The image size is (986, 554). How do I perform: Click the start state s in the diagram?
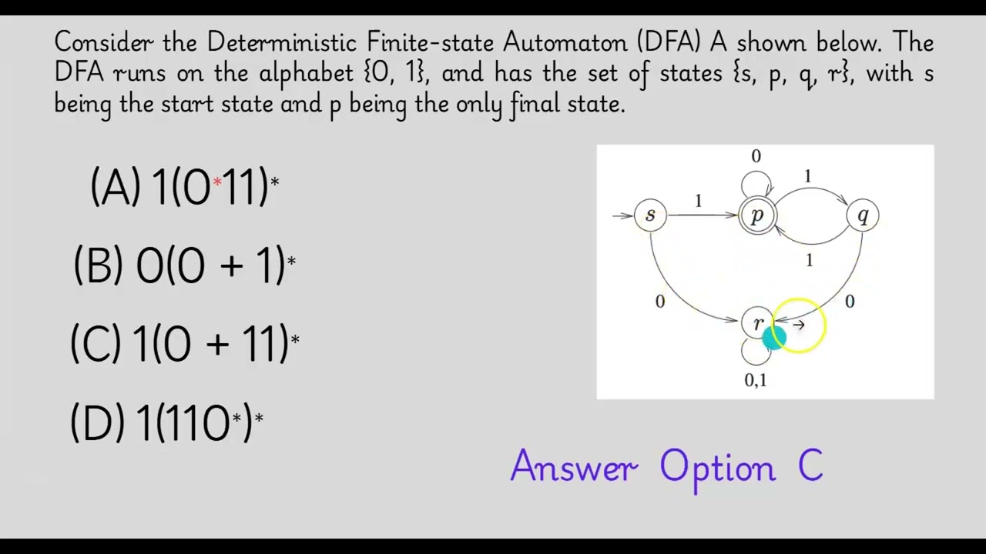point(650,215)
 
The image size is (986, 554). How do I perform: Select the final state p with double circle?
point(757,216)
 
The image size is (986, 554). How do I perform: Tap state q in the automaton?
point(863,216)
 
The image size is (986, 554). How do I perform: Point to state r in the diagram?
point(757,324)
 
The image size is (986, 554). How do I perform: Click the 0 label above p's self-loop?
point(756,157)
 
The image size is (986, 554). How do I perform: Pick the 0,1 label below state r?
point(756,380)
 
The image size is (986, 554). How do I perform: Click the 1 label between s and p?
point(698,201)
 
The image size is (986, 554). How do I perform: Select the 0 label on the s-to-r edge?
point(659,302)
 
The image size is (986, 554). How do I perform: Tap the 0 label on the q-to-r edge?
point(850,302)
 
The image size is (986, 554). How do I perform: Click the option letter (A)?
point(116,187)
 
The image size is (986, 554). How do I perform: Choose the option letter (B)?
point(99,265)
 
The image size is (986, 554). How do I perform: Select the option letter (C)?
point(96,343)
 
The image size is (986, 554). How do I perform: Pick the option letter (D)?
point(96,422)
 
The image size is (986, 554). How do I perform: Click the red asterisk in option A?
point(217,182)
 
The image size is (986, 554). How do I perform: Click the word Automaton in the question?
point(563,42)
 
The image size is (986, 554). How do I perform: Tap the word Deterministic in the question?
point(281,42)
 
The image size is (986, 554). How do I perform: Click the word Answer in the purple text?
point(574,467)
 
